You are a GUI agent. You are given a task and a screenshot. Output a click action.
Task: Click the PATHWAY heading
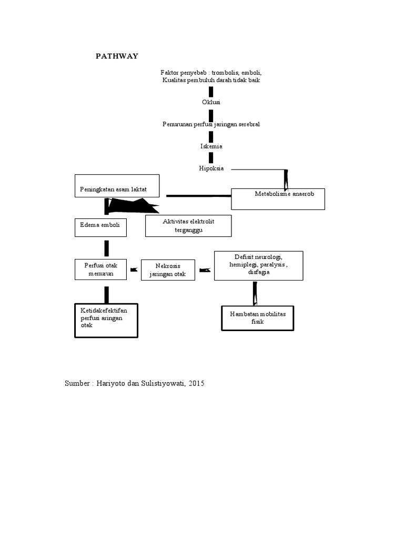[117, 56]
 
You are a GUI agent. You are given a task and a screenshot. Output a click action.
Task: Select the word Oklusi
[211, 102]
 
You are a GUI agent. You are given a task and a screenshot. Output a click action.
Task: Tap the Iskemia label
[211, 146]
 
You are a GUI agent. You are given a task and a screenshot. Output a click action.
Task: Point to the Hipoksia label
[211, 168]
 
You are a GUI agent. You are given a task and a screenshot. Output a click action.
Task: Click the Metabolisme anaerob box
[278, 199]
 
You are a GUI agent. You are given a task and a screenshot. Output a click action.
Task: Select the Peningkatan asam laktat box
[117, 186]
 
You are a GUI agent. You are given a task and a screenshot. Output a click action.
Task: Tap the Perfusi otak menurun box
[100, 269]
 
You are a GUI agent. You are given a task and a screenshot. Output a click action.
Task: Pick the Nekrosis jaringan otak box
[168, 271]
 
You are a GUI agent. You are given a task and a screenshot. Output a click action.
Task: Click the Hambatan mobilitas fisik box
[258, 317]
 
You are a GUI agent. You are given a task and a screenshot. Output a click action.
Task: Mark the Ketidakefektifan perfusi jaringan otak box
[106, 320]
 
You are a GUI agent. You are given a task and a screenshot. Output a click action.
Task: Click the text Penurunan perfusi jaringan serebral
[211, 124]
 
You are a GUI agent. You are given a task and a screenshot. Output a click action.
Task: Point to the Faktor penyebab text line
[211, 73]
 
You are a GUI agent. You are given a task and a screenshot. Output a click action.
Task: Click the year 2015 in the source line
[195, 383]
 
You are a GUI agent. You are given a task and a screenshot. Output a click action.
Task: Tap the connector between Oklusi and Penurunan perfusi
[211, 113]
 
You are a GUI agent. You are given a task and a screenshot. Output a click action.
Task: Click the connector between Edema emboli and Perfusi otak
[107, 248]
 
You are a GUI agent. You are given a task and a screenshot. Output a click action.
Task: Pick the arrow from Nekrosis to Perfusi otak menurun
[134, 269]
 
